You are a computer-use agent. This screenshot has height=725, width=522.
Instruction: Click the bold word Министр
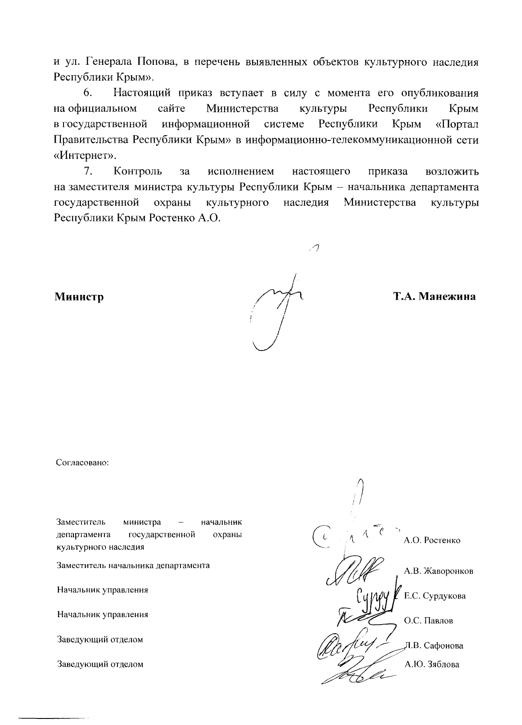pos(79,297)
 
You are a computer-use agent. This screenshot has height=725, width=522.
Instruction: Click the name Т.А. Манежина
pos(434,297)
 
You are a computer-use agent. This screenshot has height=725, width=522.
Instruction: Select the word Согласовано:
pos(82,462)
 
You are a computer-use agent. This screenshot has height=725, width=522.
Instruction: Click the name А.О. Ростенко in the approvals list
pos(432,541)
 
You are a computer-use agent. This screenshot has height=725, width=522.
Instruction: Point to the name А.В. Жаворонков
pos(438,571)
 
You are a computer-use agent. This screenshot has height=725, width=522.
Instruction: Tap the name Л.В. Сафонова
pos(434,646)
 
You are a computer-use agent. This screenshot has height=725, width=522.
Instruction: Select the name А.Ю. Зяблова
pos(432,664)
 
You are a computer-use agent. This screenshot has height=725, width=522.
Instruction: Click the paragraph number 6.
pos(88,93)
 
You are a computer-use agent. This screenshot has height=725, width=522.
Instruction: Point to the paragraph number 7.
pos(88,171)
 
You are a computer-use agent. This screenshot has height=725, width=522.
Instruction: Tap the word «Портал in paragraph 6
pos(457,124)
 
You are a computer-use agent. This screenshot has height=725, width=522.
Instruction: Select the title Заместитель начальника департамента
pos(133,565)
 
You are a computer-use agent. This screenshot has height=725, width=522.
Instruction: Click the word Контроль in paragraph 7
pos(138,171)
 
